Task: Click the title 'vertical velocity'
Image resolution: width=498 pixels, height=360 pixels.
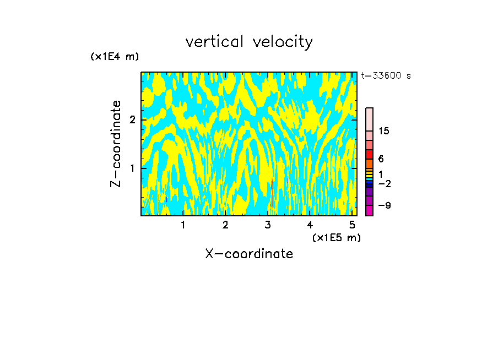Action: (249, 42)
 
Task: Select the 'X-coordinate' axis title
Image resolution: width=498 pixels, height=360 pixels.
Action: (249, 254)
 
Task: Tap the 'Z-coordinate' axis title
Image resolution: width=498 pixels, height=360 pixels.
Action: (116, 144)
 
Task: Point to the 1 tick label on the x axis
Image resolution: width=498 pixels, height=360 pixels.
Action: (183, 225)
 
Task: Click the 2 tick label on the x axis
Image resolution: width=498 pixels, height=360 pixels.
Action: (225, 225)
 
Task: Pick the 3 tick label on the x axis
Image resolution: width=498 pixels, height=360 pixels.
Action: (268, 225)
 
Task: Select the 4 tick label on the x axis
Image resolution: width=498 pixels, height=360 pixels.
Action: (310, 225)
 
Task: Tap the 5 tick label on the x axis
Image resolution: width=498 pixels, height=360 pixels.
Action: (352, 225)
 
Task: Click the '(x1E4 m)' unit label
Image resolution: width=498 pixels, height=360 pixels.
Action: (115, 57)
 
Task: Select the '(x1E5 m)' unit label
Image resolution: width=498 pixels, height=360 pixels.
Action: (336, 237)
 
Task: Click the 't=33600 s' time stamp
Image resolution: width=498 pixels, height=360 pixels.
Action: (386, 76)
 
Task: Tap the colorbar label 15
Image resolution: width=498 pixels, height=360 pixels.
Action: (384, 131)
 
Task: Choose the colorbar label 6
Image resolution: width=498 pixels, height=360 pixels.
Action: (381, 159)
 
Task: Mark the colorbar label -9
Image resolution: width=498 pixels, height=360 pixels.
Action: (384, 205)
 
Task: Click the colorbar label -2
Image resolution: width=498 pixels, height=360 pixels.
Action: (384, 183)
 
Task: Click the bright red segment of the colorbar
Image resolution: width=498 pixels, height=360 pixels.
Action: (369, 154)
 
